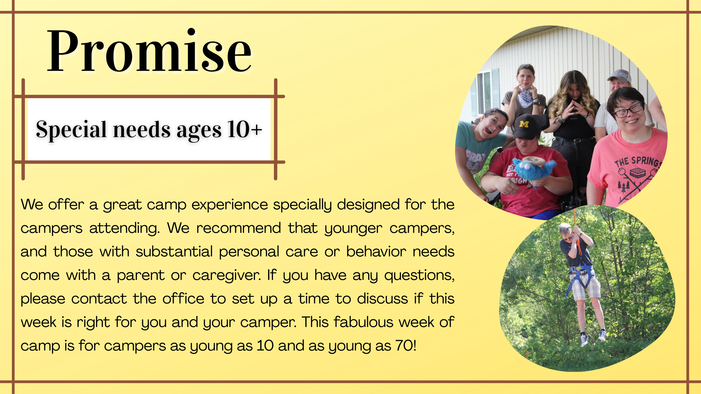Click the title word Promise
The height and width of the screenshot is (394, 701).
(x=149, y=51)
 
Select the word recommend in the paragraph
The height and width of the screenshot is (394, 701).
(x=239, y=228)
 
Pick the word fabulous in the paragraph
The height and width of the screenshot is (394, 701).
(x=363, y=322)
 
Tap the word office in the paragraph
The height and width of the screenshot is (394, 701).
(x=183, y=298)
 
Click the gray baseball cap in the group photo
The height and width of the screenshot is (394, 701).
(x=619, y=76)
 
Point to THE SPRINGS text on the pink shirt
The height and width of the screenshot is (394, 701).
(x=637, y=162)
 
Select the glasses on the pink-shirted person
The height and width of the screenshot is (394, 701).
(x=628, y=110)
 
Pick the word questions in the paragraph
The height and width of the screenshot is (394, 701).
(x=419, y=275)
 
